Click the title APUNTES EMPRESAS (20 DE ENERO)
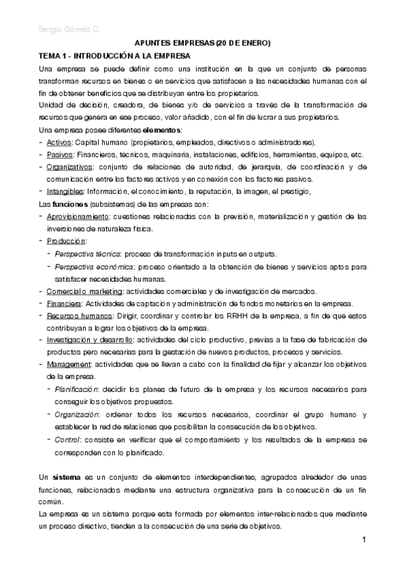(203, 44)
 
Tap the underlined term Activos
(59, 143)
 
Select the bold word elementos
(162, 130)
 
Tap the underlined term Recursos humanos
(76, 316)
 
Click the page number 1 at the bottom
(364, 540)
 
